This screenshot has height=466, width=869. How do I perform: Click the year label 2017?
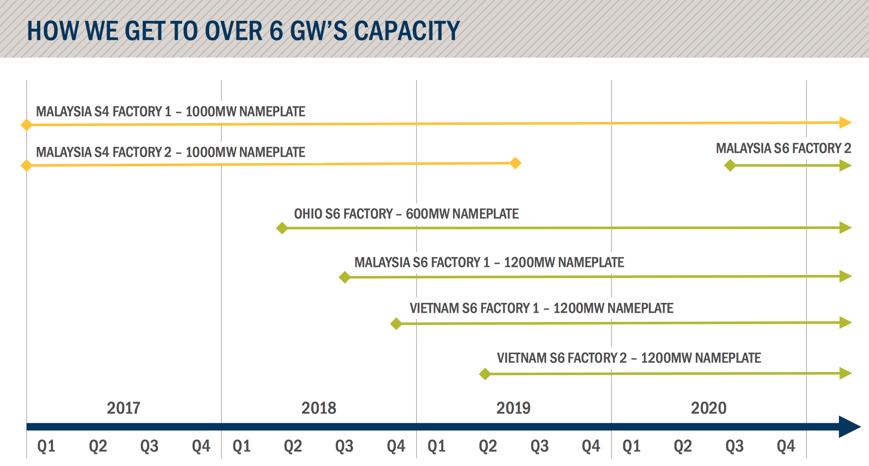(124, 408)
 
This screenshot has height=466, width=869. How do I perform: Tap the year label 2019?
(513, 408)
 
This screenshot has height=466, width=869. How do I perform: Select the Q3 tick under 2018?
(344, 446)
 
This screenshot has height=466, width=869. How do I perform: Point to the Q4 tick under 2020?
(786, 446)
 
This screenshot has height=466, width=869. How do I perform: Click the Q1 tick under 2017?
(46, 446)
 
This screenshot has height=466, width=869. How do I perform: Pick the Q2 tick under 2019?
(488, 446)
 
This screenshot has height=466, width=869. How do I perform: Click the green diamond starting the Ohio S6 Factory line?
(282, 228)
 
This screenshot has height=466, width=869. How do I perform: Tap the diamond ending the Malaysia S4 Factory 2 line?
(515, 163)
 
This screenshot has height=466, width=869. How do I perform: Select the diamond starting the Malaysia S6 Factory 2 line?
(730, 165)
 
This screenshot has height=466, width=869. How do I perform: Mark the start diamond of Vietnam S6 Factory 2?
(485, 374)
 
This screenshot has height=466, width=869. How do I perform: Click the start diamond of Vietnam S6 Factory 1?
(396, 324)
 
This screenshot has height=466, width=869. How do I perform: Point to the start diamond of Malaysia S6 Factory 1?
(345, 277)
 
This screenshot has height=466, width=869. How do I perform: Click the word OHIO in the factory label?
(307, 214)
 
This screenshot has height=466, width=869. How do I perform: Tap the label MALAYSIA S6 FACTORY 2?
(783, 148)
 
